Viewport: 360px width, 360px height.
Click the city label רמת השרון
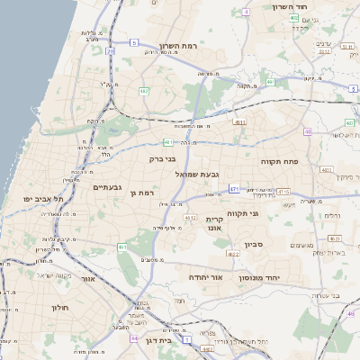click(x=177, y=46)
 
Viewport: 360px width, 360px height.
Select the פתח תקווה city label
click(x=284, y=161)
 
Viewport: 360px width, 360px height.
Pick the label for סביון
click(x=253, y=244)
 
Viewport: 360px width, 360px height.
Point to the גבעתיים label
click(x=107, y=187)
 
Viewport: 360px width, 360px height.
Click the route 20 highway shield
click(x=111, y=52)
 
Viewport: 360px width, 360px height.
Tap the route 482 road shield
click(x=144, y=91)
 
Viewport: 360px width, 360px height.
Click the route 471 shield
click(x=234, y=189)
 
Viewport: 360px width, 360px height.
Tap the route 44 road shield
click(x=133, y=338)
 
